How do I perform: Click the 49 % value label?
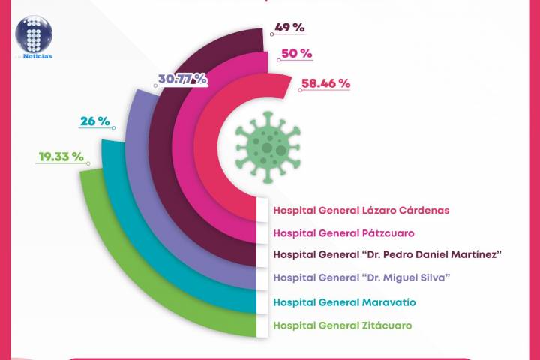click(289, 28)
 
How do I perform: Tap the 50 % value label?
click(296, 54)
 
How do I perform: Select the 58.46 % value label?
click(325, 83)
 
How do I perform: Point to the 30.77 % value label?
click(181, 78)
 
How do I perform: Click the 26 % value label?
click(96, 121)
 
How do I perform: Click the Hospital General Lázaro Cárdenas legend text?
click(361, 211)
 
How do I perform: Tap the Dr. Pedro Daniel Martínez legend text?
click(387, 255)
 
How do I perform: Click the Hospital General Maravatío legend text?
click(346, 301)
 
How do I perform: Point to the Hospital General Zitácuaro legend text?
click(343, 325)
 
